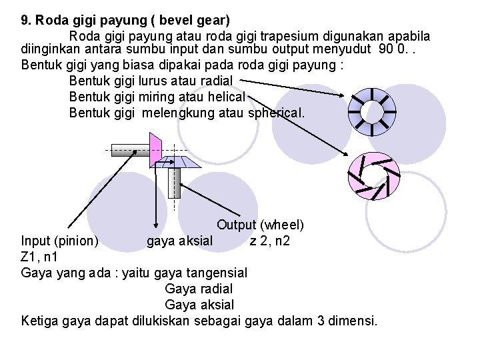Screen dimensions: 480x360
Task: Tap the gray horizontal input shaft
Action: (129, 149)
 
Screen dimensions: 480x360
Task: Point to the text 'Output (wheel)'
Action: (261, 225)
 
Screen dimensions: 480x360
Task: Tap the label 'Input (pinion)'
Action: (60, 240)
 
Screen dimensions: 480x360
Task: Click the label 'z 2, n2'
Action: (269, 240)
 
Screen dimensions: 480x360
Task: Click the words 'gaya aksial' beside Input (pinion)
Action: (180, 240)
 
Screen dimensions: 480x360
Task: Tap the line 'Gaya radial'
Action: (198, 289)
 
